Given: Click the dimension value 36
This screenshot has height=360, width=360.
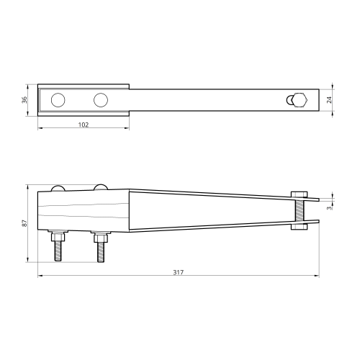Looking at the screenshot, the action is [x=24, y=100].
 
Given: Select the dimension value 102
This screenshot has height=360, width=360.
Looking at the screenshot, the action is [x=84, y=125].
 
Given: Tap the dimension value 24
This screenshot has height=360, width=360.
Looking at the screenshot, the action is [x=329, y=100].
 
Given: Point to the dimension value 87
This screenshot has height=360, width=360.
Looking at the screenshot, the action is [x=24, y=223].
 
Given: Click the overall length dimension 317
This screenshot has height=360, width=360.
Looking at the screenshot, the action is [x=179, y=272].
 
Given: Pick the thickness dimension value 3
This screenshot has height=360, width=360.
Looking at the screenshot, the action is [x=329, y=208].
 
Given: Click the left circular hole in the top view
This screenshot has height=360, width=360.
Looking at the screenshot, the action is [x=58, y=100].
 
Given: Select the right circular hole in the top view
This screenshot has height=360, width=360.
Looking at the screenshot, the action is [x=101, y=100].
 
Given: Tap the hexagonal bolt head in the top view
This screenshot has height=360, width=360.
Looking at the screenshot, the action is [x=299, y=100].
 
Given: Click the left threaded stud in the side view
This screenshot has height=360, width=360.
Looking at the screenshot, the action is [x=58, y=251].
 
